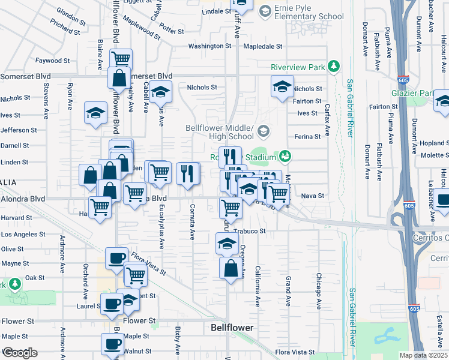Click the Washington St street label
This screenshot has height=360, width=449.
(x=209, y=46)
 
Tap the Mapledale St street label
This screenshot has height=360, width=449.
(x=263, y=46)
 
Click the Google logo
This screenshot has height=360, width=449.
(x=20, y=353)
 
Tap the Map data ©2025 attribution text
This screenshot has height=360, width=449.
(x=423, y=355)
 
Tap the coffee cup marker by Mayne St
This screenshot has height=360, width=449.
(x=116, y=258)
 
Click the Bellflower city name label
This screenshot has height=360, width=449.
(x=232, y=328)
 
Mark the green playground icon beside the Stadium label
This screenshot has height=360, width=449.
(x=285, y=157)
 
